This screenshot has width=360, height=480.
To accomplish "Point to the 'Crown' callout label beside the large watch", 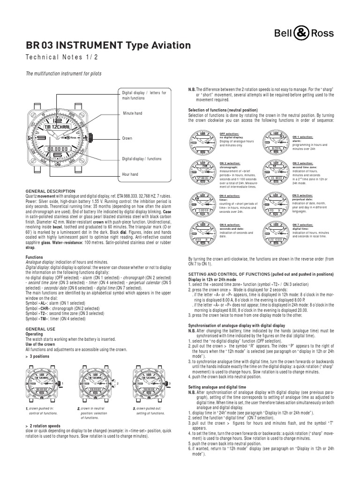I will (x=127, y=139).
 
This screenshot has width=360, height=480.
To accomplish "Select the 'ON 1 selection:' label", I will (x=302, y=136).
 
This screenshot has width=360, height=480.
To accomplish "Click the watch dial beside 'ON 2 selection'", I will (x=203, y=172).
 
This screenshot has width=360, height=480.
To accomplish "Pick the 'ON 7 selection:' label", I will (x=302, y=225).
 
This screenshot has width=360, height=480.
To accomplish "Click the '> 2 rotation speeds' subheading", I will (x=45, y=425).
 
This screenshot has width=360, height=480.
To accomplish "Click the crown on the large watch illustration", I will (x=89, y=139).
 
